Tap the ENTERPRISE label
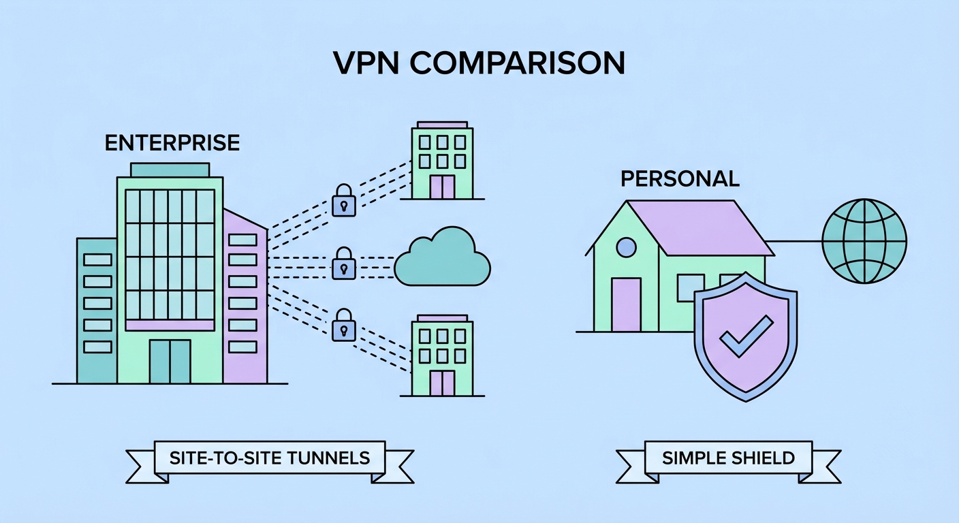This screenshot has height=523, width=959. pos(172,143)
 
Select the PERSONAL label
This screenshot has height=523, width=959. pos(680,179)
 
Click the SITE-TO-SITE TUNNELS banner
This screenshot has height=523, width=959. pos(269,457)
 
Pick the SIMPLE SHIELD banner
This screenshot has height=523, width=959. pos(728,457)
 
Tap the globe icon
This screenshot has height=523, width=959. pos(864,240)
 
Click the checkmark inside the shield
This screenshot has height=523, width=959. pos(746,336)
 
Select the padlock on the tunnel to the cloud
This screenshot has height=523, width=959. pos(344,263)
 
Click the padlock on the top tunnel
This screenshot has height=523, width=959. pos(344,200)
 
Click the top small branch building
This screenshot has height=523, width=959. pos(442,161)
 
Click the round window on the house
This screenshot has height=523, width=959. pos(626,248)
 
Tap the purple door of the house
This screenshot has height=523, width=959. pos(626,304)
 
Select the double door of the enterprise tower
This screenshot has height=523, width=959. pos(170,361)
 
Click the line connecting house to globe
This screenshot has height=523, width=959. pos(796,240)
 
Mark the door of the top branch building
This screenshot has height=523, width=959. pos(442,187)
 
